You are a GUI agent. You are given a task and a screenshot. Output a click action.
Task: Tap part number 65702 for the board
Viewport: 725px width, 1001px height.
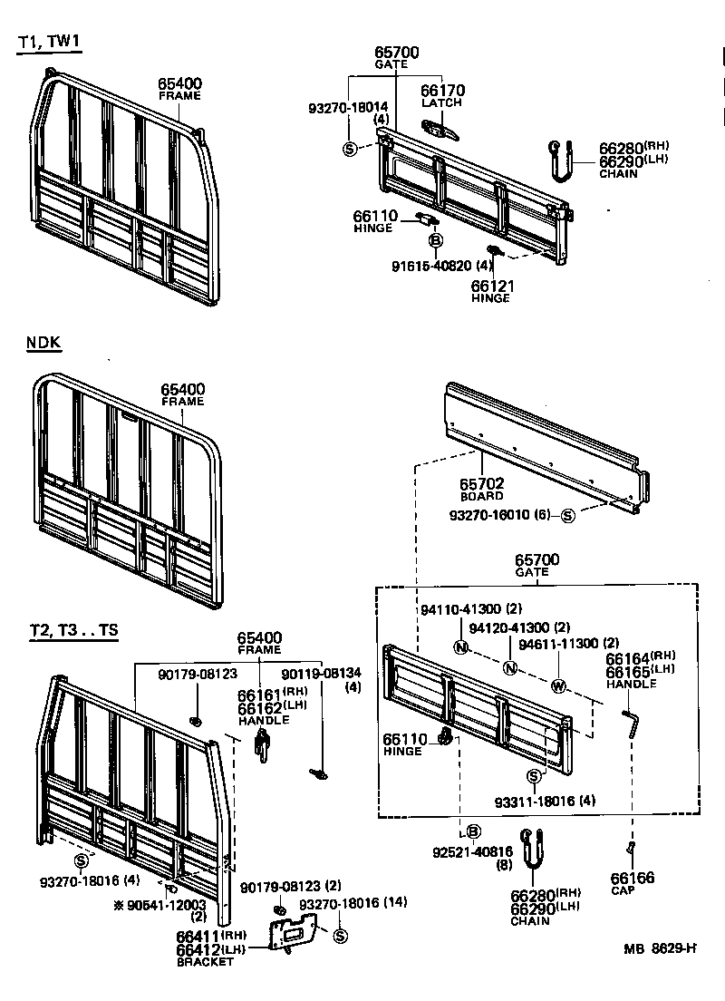tap(481, 484)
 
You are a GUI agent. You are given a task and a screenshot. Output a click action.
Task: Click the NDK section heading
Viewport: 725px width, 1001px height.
tap(43, 343)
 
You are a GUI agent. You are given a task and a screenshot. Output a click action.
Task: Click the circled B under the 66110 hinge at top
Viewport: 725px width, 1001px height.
tap(435, 240)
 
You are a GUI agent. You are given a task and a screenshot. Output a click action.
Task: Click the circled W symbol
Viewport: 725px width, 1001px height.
tap(558, 685)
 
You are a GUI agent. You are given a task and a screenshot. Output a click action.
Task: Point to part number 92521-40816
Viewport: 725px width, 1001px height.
tap(472, 851)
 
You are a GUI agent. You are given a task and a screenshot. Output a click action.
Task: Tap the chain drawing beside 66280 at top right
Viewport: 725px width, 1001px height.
tap(559, 160)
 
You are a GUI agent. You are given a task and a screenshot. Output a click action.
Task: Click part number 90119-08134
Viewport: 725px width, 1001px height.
tap(321, 674)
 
